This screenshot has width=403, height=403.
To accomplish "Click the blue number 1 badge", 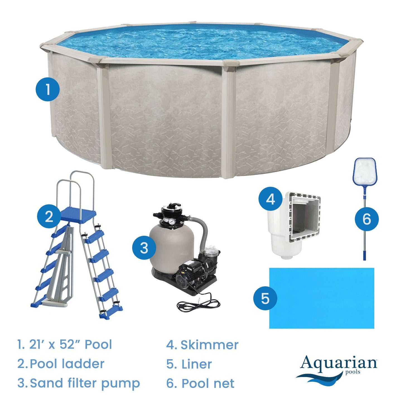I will point(48,90).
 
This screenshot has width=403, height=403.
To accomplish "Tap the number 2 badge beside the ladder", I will point(49,216).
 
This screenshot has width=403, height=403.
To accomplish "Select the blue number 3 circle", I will point(144,248).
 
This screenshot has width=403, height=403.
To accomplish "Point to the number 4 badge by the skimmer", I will point(270,199).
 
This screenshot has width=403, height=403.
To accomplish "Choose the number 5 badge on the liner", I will point(265,298).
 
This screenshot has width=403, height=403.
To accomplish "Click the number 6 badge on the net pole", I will point(366,219).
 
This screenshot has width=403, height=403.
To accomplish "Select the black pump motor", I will point(190,273).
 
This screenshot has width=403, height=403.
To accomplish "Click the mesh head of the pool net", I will point(365,172).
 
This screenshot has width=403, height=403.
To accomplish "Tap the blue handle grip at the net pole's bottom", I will point(364,254).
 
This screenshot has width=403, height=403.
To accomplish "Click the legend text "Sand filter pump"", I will point(85,383).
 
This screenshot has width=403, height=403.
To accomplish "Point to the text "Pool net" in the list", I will point(208,383).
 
